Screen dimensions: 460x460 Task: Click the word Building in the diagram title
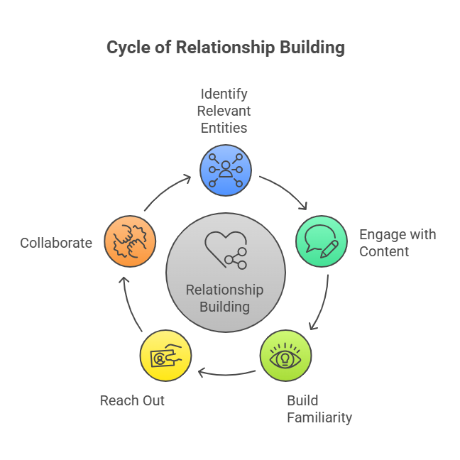click(x=312, y=48)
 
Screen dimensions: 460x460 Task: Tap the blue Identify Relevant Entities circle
click(x=226, y=170)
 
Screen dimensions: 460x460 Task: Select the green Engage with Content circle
click(x=322, y=241)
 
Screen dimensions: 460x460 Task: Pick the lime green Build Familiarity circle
click(x=285, y=355)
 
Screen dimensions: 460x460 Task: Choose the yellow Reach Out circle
click(x=165, y=355)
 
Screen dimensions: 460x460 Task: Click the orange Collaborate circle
click(x=130, y=241)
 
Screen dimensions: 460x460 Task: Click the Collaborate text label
click(x=56, y=243)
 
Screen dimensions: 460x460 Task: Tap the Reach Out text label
click(x=132, y=400)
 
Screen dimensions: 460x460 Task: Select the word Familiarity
click(x=319, y=417)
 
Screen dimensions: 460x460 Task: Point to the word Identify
click(x=224, y=94)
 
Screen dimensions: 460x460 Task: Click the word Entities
click(x=224, y=128)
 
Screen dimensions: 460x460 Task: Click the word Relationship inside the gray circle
click(x=225, y=290)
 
